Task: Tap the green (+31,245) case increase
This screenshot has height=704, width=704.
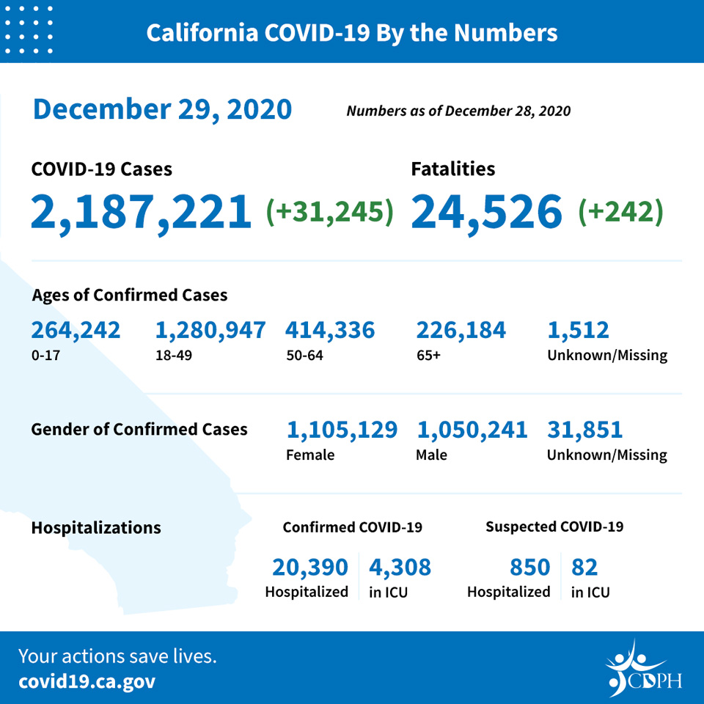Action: (x=329, y=211)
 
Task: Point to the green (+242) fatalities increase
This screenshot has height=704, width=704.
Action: (x=620, y=211)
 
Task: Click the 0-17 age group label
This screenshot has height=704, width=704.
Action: (x=45, y=356)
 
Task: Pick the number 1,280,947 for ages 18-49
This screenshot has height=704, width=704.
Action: (x=210, y=331)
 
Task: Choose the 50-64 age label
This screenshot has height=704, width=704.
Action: (x=304, y=356)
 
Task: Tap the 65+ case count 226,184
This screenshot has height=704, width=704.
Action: (x=461, y=331)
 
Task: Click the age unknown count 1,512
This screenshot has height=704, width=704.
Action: (x=578, y=331)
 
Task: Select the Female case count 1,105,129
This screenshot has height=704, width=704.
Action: (x=342, y=430)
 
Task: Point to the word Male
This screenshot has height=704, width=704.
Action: (x=431, y=455)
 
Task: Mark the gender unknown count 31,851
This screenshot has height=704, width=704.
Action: (x=584, y=430)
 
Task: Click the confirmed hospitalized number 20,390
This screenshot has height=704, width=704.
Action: (x=309, y=568)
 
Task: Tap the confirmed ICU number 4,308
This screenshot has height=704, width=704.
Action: (x=400, y=568)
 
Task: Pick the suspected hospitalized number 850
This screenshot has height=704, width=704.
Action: (x=529, y=567)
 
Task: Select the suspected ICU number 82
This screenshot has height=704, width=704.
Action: (x=584, y=567)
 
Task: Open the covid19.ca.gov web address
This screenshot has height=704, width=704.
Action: (x=87, y=682)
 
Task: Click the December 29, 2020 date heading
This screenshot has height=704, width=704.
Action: (x=162, y=109)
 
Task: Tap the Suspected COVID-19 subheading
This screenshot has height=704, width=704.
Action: (x=554, y=527)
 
